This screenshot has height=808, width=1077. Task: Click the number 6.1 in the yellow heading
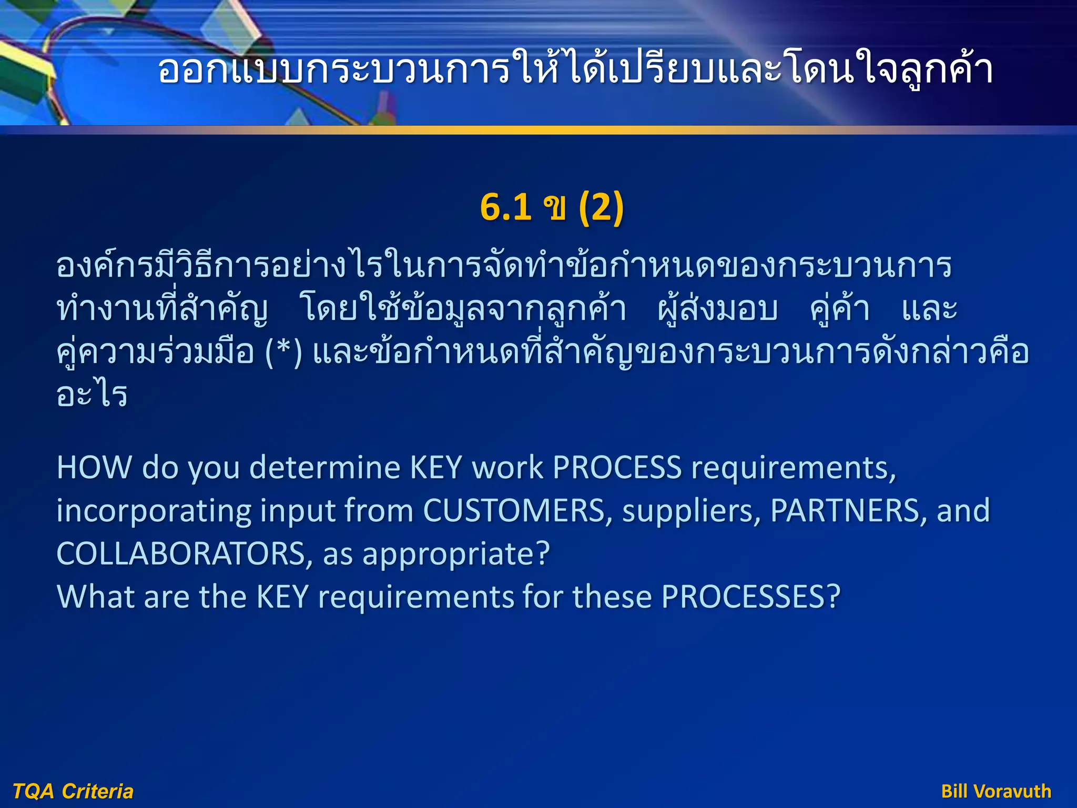click(505, 207)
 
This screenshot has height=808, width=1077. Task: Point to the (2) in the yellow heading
click(601, 207)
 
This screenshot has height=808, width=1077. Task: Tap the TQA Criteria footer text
click(73, 791)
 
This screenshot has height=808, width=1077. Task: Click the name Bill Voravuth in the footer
click(996, 791)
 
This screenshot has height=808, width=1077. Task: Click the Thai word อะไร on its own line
click(92, 395)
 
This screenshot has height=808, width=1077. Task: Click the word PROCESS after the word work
click(617, 468)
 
